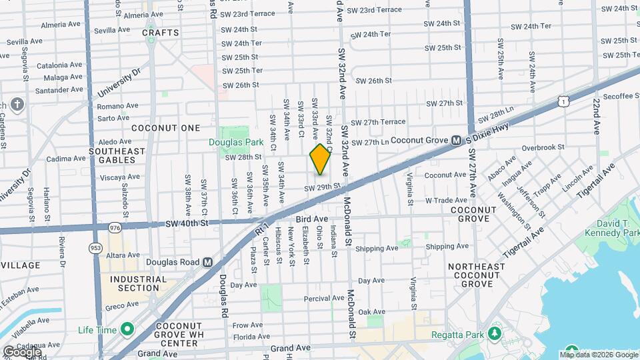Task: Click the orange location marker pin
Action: pos(321,159)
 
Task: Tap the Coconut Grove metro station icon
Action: pos(457,141)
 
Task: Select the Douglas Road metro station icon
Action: pos(207,262)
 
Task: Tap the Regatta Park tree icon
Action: pos(495,333)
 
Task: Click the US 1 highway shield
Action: pos(564,101)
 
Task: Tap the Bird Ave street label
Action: pos(312,219)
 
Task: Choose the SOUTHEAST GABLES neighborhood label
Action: pos(117,155)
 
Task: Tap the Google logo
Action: pos(22,351)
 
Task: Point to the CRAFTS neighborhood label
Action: pos(161,33)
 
